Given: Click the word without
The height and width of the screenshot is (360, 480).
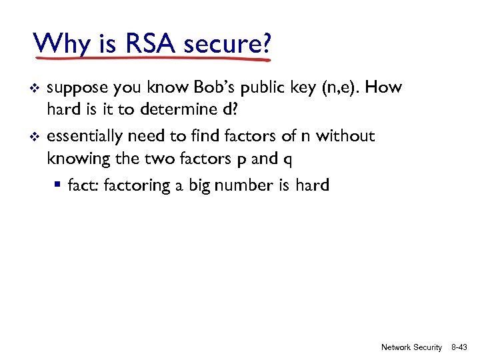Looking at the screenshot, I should pyautogui.click(x=345, y=137).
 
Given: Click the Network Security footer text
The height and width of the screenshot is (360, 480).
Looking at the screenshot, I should pyautogui.click(x=411, y=347).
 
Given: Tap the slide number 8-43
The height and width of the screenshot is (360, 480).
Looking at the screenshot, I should pyautogui.click(x=459, y=347).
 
